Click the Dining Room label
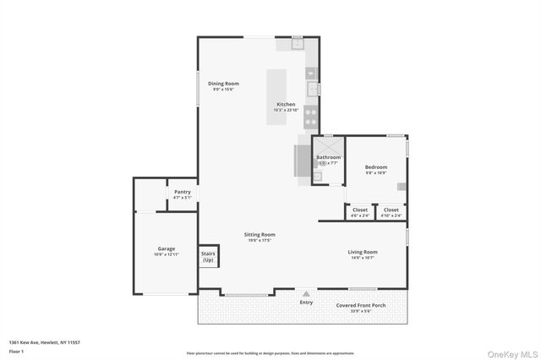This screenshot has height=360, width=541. pos(224,84)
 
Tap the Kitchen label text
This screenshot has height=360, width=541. pos(286,104)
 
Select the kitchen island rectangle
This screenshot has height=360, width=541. pos(277,95)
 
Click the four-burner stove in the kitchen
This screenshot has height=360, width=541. pos(311,116)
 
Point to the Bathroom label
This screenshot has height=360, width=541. pos(328,157)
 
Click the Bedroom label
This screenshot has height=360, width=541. pos(376,167)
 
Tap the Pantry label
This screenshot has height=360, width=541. pos(183,192)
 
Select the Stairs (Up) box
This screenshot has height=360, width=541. pos(207,256)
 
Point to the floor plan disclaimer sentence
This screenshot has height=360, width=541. pos(270,352)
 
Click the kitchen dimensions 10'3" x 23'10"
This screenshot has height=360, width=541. pos(286,110)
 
